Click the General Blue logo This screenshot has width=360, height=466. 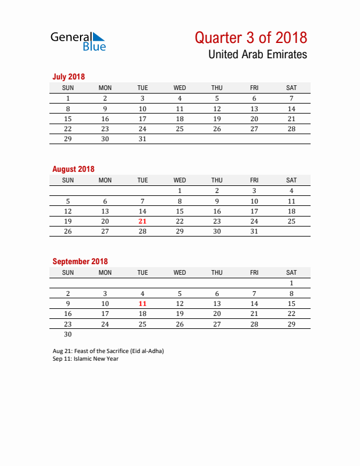pyautogui.click(x=78, y=41)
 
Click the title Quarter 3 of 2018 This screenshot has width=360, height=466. pyautogui.click(x=251, y=38)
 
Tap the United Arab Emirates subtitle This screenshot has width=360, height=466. pyautogui.click(x=257, y=55)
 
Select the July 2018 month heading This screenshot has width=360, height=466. pyautogui.click(x=69, y=76)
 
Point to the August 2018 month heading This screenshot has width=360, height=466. pyautogui.click(x=73, y=169)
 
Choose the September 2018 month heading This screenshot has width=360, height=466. pyautogui.click(x=80, y=261)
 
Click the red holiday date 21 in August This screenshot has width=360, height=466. pyautogui.click(x=142, y=221)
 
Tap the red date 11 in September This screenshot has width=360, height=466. pyautogui.click(x=142, y=304)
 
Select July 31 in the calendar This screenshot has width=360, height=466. pyautogui.click(x=142, y=139)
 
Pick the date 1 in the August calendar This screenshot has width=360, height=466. pyautogui.click(x=179, y=191)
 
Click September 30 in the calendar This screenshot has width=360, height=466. pyautogui.click(x=68, y=334)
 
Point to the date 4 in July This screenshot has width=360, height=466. pyautogui.click(x=179, y=98)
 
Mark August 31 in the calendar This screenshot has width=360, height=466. pyautogui.click(x=254, y=231)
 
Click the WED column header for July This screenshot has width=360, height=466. pyautogui.click(x=179, y=88)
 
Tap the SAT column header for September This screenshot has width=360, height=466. pyautogui.click(x=291, y=272)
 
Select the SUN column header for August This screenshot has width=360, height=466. pyautogui.click(x=68, y=180)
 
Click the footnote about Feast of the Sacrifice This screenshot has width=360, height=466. pyautogui.click(x=108, y=351)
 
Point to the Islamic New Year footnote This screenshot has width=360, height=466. pyautogui.click(x=85, y=358)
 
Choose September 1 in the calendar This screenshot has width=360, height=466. pyautogui.click(x=291, y=283)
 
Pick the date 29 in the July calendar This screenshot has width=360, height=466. pyautogui.click(x=68, y=139)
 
